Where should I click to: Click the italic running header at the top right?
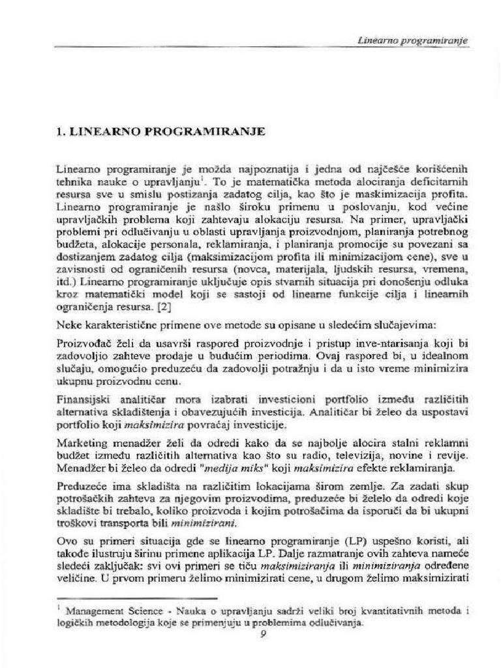click(414, 40)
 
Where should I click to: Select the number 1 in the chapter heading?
click(60, 131)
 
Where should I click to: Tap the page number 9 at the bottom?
click(261, 638)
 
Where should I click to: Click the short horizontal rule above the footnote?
click(137, 598)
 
